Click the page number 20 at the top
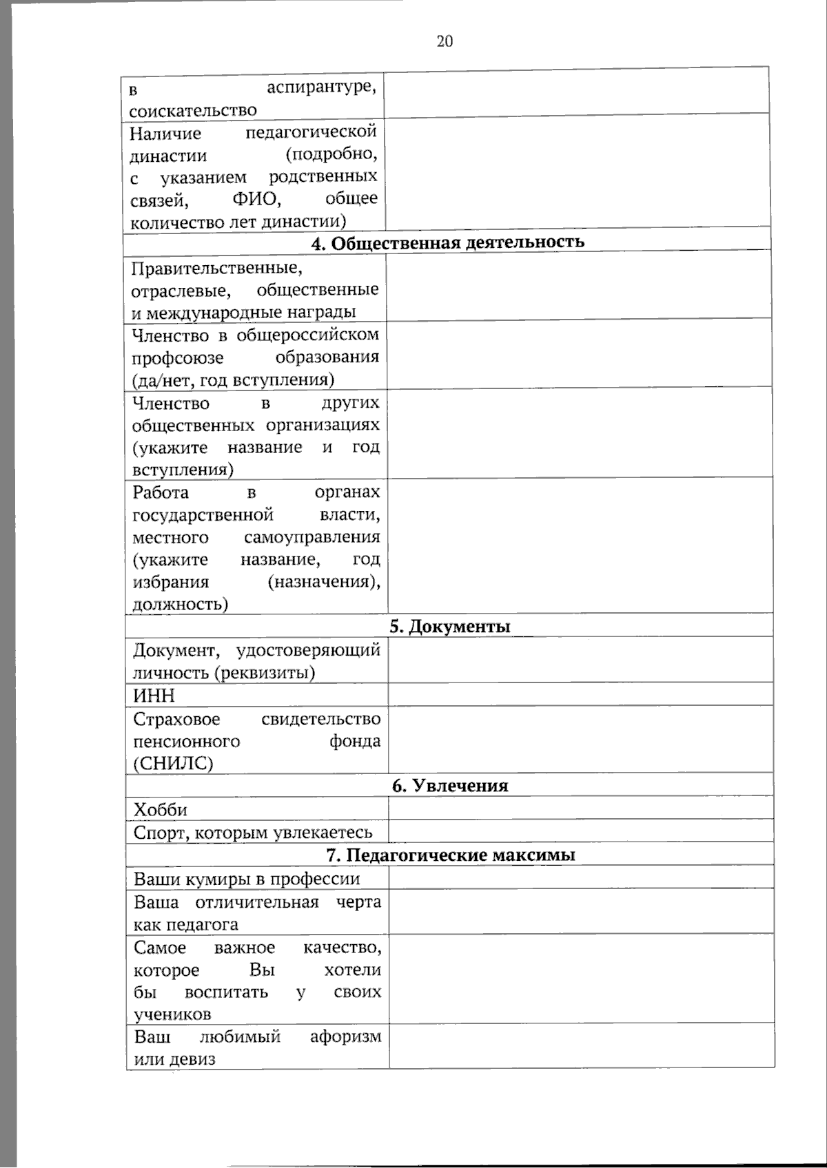(445, 41)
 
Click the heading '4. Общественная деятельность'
(447, 242)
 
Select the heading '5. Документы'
(449, 626)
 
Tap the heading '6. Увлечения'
(450, 786)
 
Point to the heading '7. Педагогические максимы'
(450, 855)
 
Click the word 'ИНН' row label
(154, 696)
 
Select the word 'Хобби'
(160, 809)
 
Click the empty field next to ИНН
(580, 694)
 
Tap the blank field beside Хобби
(580, 808)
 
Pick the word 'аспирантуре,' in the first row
(321, 87)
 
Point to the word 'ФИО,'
(256, 200)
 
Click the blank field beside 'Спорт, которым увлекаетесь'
(580, 831)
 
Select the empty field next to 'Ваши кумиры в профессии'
(580, 877)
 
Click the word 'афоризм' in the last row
(345, 1036)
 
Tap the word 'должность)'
(180, 604)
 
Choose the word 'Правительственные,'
(217, 267)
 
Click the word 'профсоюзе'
(178, 357)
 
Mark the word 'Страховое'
(176, 719)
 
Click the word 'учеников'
(172, 1014)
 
